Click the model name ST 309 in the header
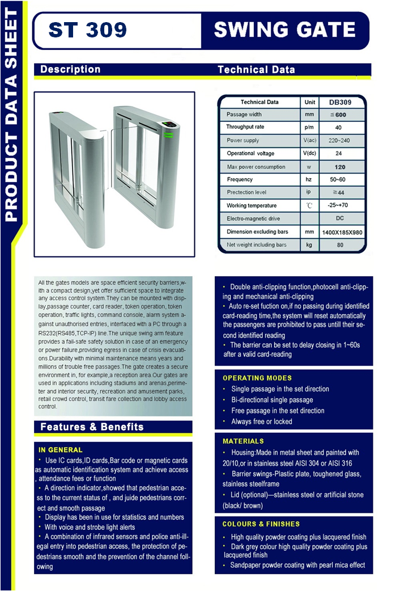[88, 29]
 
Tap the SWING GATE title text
[284, 29]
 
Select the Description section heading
[70, 69]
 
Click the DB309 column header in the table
[341, 103]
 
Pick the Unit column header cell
[309, 103]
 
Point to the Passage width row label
[244, 115]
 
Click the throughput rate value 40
[338, 128]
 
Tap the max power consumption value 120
[340, 167]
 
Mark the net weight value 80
[340, 245]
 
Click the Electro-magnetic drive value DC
[340, 218]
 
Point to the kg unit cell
[309, 245]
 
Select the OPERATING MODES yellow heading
[257, 378]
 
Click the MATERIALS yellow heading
[243, 441]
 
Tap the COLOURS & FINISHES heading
[261, 524]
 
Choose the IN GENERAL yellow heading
[61, 450]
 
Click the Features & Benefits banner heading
[92, 427]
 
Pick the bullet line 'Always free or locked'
[262, 421]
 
